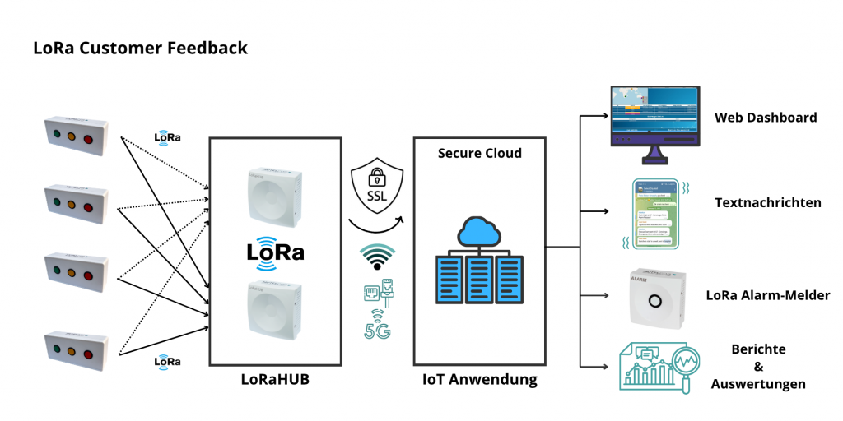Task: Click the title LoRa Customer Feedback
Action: (x=140, y=49)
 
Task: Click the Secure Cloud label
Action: (x=480, y=153)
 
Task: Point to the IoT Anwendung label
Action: (x=480, y=380)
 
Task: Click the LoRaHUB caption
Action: (x=275, y=379)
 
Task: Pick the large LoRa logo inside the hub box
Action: (x=275, y=251)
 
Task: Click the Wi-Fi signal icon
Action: (x=378, y=257)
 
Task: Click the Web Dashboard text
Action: (x=766, y=118)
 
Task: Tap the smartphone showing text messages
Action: (x=654, y=211)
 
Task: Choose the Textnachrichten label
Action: (x=768, y=202)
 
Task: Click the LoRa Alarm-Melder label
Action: (x=768, y=295)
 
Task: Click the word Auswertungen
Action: (x=759, y=383)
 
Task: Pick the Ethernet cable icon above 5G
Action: (x=376, y=294)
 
